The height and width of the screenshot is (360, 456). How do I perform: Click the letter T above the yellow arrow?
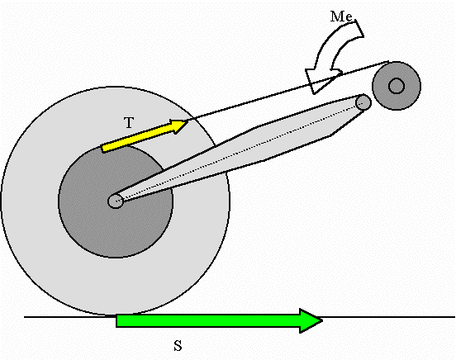point(129,123)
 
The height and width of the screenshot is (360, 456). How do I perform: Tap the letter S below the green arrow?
point(178,346)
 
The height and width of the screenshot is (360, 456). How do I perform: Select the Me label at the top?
point(341,17)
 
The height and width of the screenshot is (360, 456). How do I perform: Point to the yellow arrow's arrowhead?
point(178,126)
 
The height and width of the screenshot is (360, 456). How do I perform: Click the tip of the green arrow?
point(322,320)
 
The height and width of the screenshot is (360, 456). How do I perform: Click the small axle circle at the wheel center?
point(116,201)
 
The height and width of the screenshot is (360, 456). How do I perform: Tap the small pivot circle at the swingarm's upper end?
point(363,102)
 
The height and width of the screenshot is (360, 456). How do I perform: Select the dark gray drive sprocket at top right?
point(397,86)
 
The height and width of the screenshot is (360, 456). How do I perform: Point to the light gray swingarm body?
point(247,145)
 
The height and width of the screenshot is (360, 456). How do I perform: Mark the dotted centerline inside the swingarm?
point(240,151)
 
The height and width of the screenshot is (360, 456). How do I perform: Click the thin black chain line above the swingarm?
point(288,91)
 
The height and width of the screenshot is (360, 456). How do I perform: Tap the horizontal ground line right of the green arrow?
point(389,317)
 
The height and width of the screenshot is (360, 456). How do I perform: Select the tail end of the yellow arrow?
point(102,148)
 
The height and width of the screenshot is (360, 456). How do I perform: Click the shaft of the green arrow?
point(208,320)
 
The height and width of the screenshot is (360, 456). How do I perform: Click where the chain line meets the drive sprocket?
point(389,62)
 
